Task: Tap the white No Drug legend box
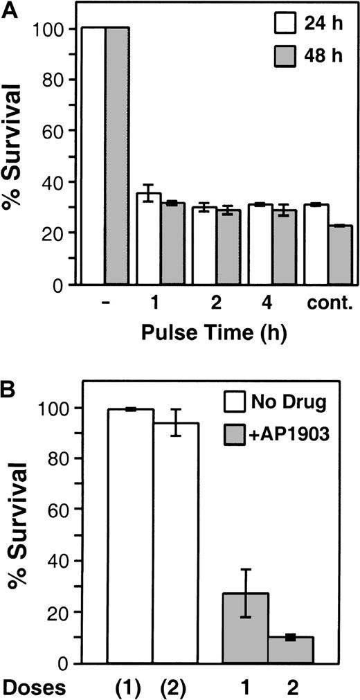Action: click(x=235, y=402)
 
